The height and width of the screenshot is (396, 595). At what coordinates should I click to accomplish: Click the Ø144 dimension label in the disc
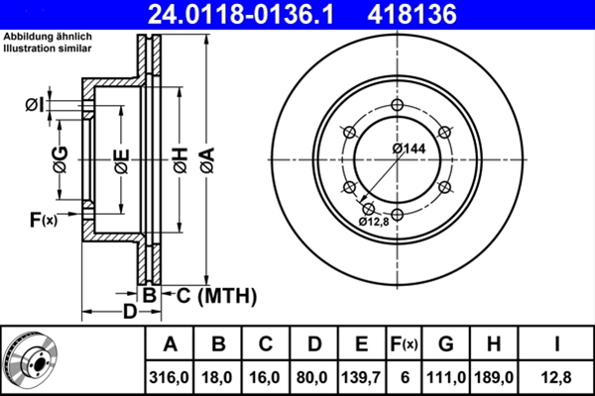(408, 148)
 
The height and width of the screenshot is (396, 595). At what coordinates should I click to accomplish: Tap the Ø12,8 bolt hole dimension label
(376, 222)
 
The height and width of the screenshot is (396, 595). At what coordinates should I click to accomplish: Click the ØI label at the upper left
(34, 104)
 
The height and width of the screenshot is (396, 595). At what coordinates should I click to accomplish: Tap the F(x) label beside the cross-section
(42, 220)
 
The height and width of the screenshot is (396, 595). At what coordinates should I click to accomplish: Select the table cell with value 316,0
(170, 376)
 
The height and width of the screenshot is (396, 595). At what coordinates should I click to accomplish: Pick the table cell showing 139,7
(362, 376)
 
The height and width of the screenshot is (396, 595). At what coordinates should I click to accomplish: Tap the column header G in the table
(445, 344)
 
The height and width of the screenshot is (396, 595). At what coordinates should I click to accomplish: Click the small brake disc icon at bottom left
(31, 359)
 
